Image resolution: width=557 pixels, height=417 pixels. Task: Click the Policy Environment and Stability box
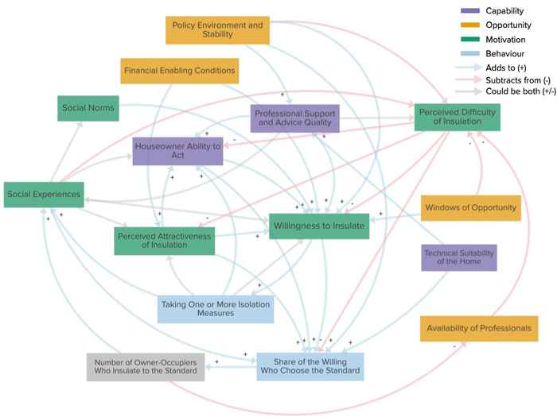pos(216,30)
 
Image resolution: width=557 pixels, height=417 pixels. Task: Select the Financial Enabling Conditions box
pos(179,71)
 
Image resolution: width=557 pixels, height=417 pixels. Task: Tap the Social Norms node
pos(88,108)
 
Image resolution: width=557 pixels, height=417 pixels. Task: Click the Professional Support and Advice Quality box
pos(295,119)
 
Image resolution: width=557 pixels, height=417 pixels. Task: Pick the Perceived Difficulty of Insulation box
pos(457,118)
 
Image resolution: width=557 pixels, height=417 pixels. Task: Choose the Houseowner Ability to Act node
pos(177,151)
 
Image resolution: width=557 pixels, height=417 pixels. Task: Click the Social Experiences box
pos(43,194)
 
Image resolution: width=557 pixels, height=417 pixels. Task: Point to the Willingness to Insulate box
pos(319,226)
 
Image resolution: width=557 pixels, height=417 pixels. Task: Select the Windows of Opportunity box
pos(471,208)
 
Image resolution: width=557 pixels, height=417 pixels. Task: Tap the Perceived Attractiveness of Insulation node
pos(165,240)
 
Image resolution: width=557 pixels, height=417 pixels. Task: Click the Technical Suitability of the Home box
pos(459,257)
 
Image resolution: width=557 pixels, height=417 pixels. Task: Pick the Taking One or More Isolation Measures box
pos(216,308)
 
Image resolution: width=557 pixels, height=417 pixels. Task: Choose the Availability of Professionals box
pos(477,328)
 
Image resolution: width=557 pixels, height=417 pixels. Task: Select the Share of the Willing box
pos(310,366)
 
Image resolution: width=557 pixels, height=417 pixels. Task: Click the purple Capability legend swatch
pos(470,10)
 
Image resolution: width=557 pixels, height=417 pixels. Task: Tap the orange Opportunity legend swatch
pos(470,24)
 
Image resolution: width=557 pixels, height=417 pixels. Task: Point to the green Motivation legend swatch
pos(470,38)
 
